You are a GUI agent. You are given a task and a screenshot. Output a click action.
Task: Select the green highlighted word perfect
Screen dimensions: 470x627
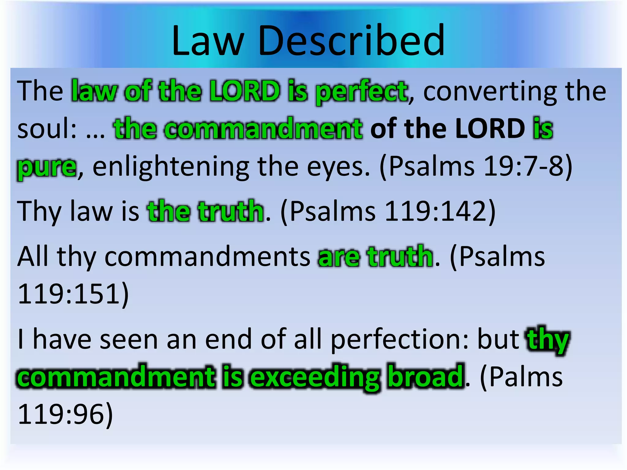point(361,92)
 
